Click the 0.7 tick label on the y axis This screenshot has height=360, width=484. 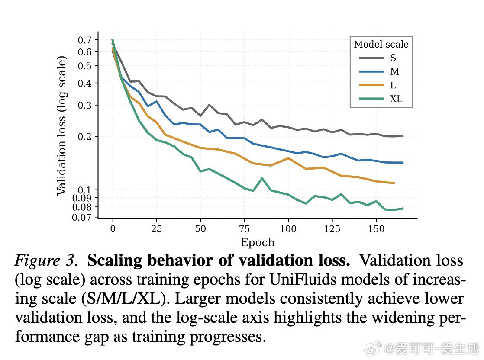coord(86,40)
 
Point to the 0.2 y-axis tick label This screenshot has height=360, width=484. coord(86,137)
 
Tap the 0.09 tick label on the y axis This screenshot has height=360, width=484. coord(83,198)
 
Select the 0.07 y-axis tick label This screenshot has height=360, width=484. coord(83,217)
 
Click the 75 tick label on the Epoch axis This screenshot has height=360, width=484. coord(244,229)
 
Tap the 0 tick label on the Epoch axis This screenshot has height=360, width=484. coord(113,229)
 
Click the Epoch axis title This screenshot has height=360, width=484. coord(257,242)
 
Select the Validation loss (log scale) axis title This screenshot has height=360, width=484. coord(62,125)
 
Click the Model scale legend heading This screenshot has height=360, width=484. coord(381,45)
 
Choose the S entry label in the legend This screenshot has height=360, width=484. coord(393,58)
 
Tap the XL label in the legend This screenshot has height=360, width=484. coord(396,99)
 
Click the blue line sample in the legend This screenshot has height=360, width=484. coord(371,72)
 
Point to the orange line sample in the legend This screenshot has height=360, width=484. coord(371,85)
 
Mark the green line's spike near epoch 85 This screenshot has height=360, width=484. coord(262,178)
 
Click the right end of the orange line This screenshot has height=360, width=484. coord(394,183)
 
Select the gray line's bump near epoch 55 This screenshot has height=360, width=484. coord(209,105)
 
